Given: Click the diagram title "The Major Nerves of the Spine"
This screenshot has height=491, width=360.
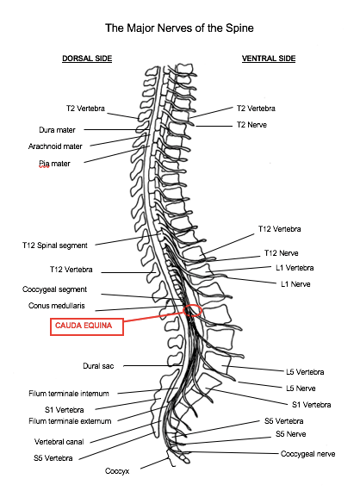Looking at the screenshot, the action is click(179, 28).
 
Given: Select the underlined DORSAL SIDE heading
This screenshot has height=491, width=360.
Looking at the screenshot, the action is click(87, 59).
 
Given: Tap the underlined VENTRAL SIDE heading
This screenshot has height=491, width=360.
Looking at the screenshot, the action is click(269, 59).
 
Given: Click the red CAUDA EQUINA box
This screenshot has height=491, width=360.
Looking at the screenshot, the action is click(87, 326).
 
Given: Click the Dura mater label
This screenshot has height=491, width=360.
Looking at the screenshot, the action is click(57, 130).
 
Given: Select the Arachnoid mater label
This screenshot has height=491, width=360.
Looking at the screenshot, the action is click(55, 146).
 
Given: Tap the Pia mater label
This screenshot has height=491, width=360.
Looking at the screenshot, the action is click(54, 164).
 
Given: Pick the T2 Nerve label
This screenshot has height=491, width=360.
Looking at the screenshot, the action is click(251, 125).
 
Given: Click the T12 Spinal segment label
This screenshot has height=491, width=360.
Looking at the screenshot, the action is click(55, 245).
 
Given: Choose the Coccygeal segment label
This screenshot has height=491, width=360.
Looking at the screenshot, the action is click(54, 289).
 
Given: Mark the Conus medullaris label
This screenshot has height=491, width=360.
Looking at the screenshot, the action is click(56, 306).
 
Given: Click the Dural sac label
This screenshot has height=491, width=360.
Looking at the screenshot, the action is click(98, 366).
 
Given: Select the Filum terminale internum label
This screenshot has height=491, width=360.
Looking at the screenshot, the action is click(69, 394).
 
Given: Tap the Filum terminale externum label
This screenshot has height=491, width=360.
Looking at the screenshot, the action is click(70, 421).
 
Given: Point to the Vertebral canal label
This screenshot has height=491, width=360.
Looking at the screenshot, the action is click(59, 442).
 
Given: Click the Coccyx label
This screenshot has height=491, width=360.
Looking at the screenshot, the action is click(117, 471).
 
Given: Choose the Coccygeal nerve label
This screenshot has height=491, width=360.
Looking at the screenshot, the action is click(307, 454).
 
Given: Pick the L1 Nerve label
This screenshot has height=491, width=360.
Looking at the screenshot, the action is click(295, 284).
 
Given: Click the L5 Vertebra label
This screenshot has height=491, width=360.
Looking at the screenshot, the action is click(305, 372).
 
